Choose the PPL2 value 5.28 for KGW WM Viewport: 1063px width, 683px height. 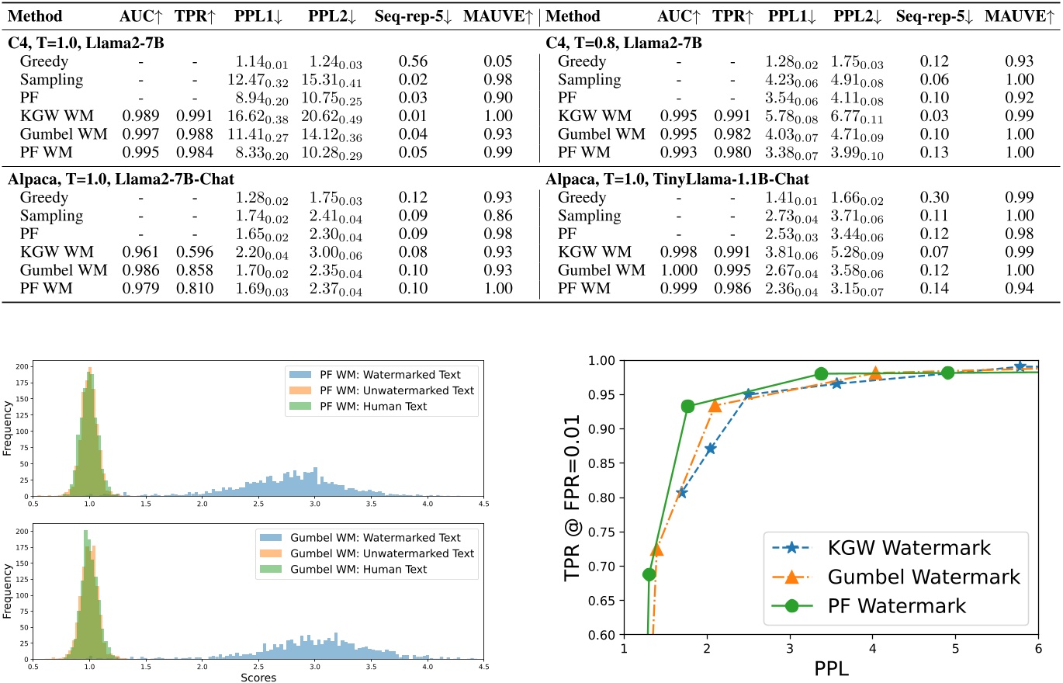click(x=857, y=252)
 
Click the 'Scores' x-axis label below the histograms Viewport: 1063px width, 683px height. click(x=258, y=677)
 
